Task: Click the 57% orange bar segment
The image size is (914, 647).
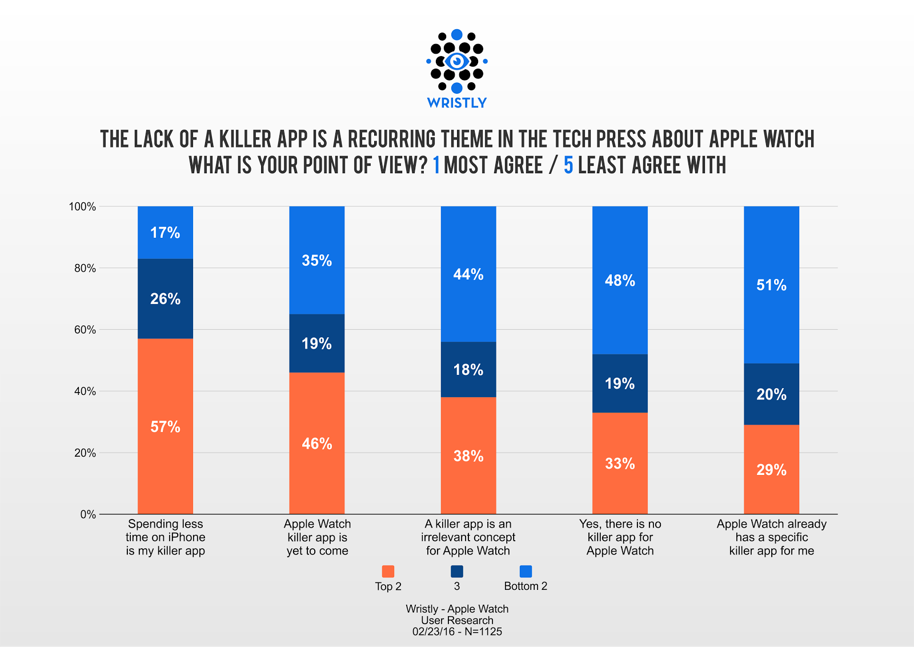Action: pyautogui.click(x=165, y=426)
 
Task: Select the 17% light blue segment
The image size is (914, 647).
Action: pyautogui.click(x=165, y=233)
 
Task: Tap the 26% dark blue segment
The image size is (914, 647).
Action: pyautogui.click(x=165, y=298)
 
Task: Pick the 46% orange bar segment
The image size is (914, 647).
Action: pyautogui.click(x=317, y=444)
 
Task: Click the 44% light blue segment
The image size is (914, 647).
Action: pyautogui.click(x=468, y=274)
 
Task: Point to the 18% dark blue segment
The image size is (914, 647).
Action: pyautogui.click(x=468, y=369)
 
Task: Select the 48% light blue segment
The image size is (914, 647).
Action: pyautogui.click(x=620, y=280)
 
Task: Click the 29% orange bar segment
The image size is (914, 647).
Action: pyautogui.click(x=771, y=469)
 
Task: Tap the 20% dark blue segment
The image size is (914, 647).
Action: pyautogui.click(x=771, y=394)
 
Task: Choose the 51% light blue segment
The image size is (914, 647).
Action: pyautogui.click(x=771, y=285)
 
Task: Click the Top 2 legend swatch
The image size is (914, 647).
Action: pyautogui.click(x=388, y=572)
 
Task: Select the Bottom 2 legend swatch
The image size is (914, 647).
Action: pyautogui.click(x=526, y=572)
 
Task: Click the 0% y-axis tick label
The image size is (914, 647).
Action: pyautogui.click(x=88, y=514)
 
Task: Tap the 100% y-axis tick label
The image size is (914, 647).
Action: pyautogui.click(x=82, y=206)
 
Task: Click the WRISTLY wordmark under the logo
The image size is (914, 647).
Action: pyautogui.click(x=457, y=103)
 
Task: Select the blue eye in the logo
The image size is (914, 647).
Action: pyautogui.click(x=456, y=61)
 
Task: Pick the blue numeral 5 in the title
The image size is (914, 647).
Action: pyautogui.click(x=568, y=166)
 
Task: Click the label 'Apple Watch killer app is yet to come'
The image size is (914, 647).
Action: pyautogui.click(x=317, y=537)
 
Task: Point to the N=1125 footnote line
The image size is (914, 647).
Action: pyautogui.click(x=457, y=632)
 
